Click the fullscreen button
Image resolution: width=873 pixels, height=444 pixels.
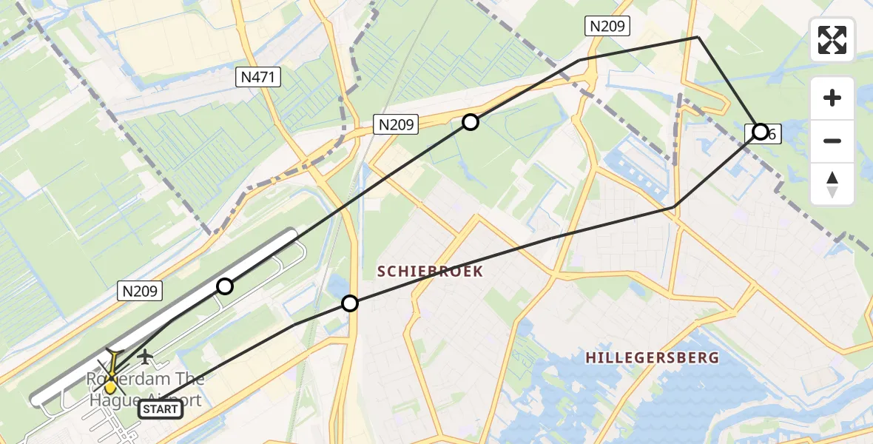(832, 40)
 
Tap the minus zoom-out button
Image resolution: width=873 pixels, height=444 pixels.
(832, 141)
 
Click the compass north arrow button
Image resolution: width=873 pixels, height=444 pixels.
(832, 184)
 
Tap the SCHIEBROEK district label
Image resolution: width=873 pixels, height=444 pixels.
(430, 272)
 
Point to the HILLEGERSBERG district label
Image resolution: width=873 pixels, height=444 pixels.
(652, 358)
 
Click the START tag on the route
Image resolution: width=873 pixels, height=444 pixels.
(160, 408)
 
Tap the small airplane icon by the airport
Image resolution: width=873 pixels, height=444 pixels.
(146, 357)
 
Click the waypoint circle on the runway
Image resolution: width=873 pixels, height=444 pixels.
(224, 286)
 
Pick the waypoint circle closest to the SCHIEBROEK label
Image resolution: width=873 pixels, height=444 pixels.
(350, 303)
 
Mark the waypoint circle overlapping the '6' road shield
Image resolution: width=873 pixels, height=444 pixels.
(760, 132)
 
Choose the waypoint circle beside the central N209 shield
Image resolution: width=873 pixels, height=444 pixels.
(471, 122)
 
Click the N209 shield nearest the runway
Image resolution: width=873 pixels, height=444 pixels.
(139, 292)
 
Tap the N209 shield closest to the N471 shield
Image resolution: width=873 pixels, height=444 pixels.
(396, 125)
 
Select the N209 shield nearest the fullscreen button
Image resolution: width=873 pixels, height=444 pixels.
(607, 27)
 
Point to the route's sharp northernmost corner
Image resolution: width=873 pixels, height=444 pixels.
(698, 37)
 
